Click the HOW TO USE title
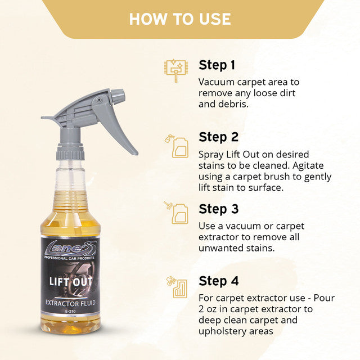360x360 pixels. pos(180,19)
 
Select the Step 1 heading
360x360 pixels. pos(217,65)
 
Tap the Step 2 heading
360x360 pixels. pos(218,137)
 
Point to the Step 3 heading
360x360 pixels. pos(218,209)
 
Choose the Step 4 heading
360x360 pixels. pos(219,281)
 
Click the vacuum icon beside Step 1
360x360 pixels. pos(175,70)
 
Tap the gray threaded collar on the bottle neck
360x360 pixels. pos(70,152)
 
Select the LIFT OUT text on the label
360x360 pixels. pos(71,281)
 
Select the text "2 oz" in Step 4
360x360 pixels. pos(209,309)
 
